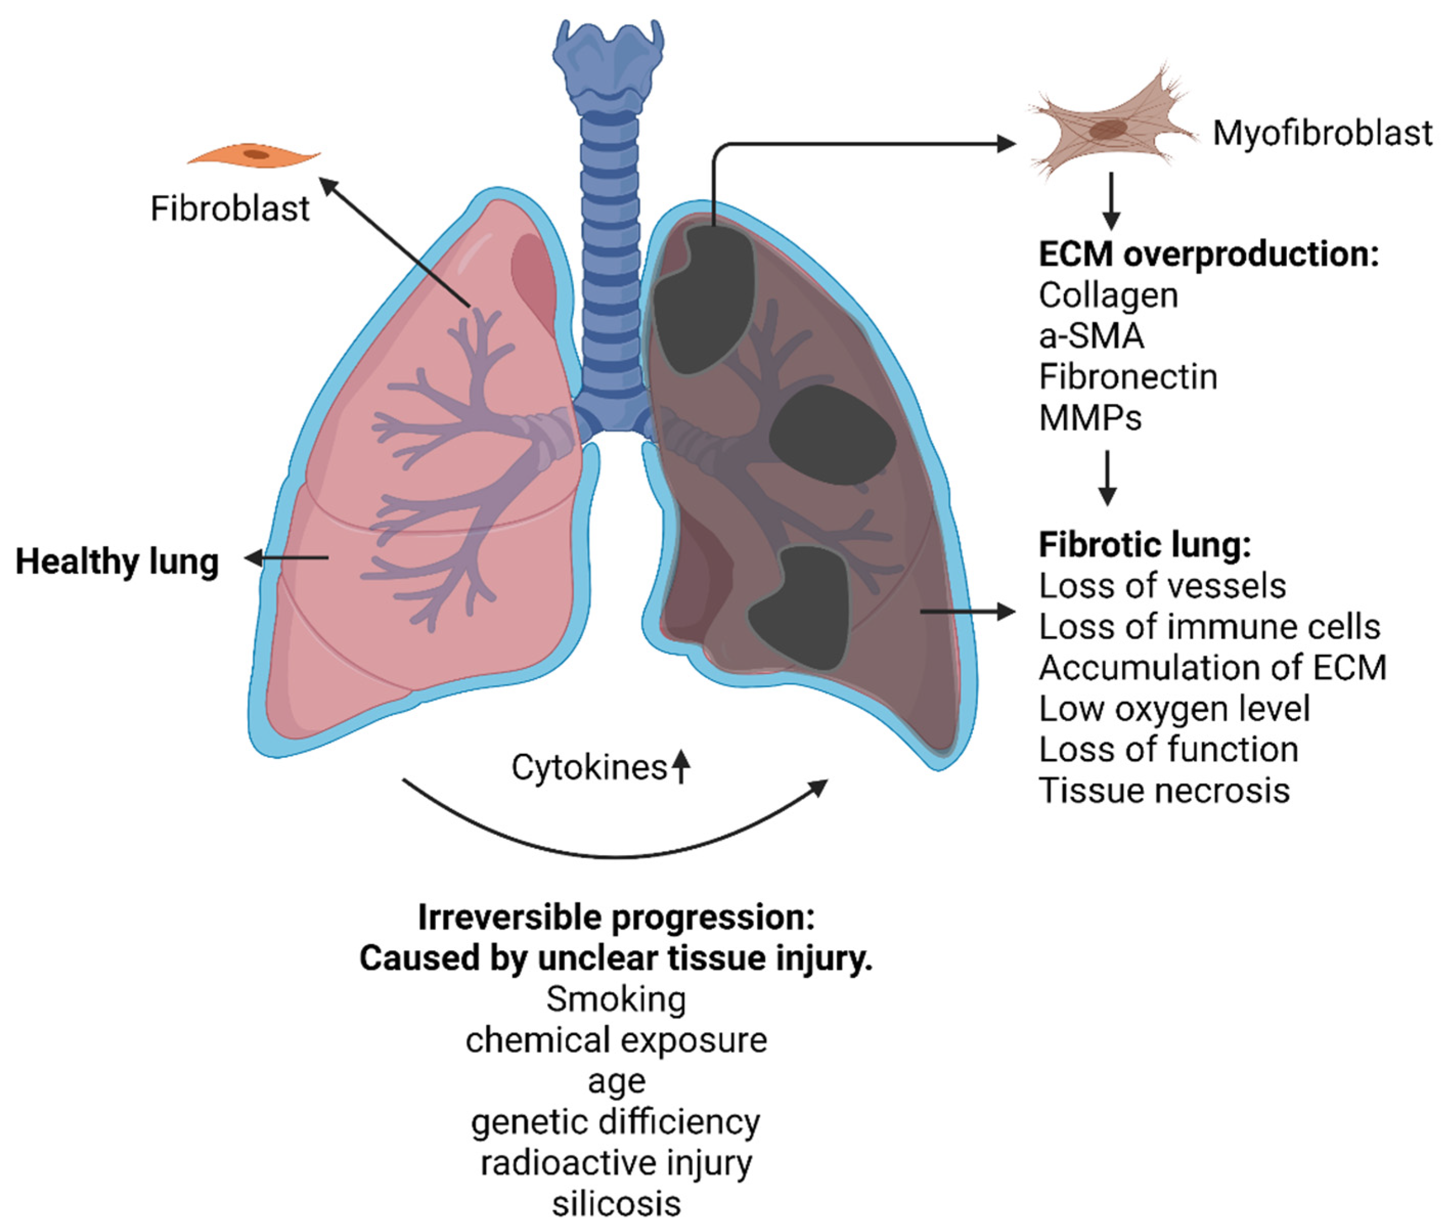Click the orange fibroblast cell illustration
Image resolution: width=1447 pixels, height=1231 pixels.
(255, 155)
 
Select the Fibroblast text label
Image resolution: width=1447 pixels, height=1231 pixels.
(230, 209)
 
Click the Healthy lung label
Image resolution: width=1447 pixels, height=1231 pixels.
(117, 562)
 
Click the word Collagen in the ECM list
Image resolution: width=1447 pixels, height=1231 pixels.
(1108, 295)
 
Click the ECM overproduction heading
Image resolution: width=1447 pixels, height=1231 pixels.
(1208, 254)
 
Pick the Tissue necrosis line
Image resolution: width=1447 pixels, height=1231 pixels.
(1164, 791)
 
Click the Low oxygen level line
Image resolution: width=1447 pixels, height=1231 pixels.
(1173, 709)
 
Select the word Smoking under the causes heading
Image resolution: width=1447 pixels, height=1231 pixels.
(616, 999)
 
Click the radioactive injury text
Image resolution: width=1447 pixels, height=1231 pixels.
(616, 1162)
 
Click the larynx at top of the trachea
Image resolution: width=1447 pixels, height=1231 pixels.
(608, 59)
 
